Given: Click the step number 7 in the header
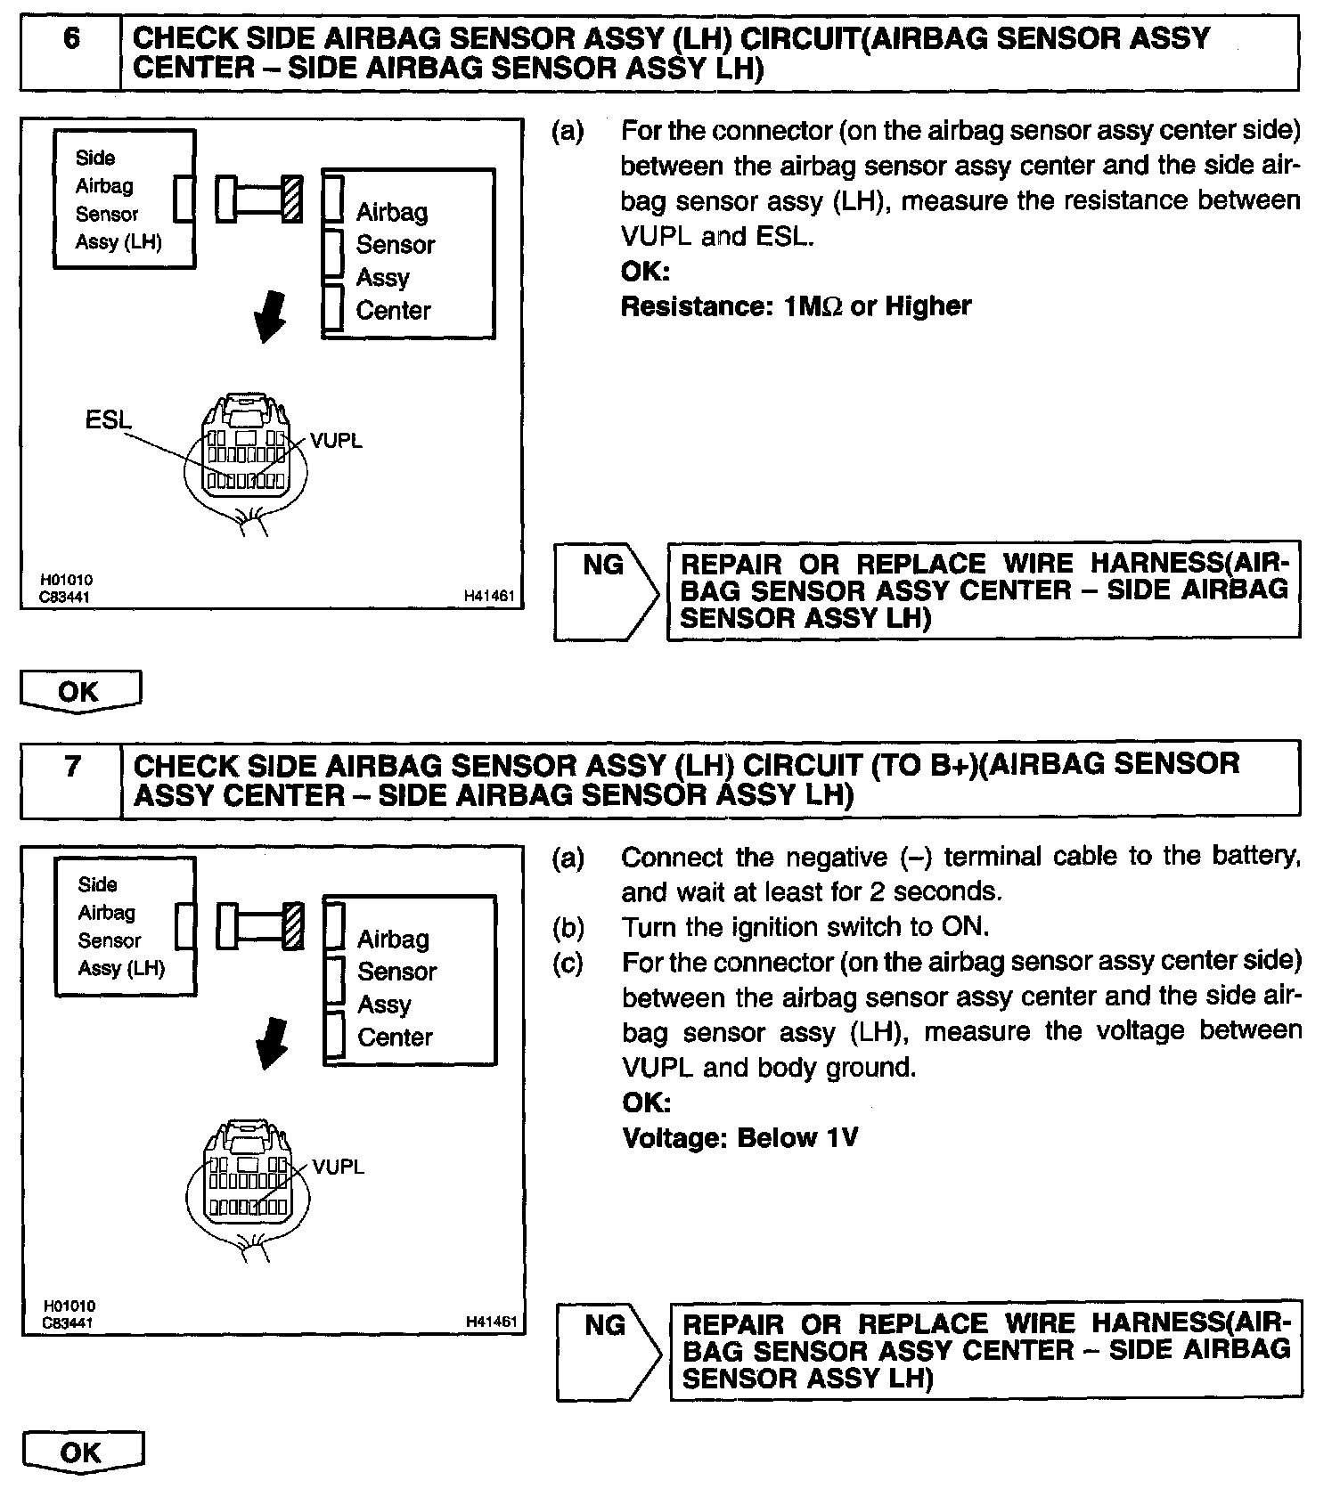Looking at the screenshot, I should point(72,767).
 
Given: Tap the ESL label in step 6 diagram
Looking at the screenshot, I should point(108,419).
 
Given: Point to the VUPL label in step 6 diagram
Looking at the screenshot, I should point(336,441).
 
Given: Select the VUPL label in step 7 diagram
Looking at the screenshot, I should point(338,1167).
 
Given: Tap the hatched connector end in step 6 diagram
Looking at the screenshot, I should point(291,199).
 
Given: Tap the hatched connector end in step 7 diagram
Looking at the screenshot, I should point(293,925).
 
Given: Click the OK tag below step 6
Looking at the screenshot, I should point(80,691).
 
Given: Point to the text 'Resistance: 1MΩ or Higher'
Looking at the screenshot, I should point(796,306).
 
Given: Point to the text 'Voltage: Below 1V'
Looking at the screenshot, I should point(739,1138).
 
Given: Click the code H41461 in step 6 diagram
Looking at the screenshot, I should point(489,597).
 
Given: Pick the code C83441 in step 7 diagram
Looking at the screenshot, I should point(68,1323).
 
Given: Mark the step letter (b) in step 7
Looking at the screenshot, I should point(568,927).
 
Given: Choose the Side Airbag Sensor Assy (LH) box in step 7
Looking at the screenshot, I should point(125,926).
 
